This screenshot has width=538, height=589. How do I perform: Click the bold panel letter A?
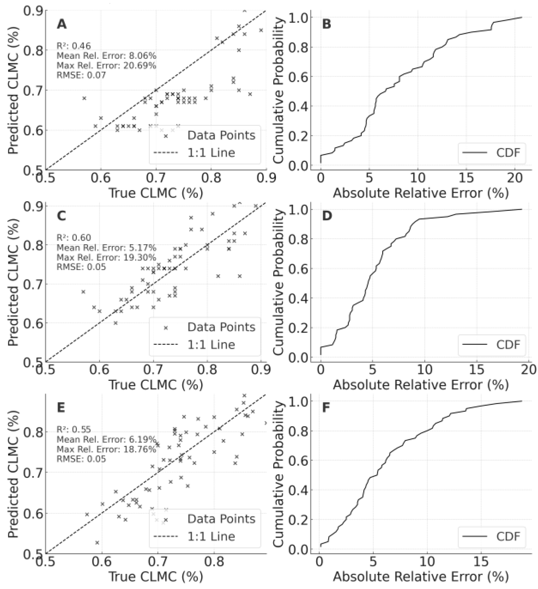(x=62, y=24)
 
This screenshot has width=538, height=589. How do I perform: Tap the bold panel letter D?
(x=326, y=216)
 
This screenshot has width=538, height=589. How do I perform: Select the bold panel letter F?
(x=326, y=407)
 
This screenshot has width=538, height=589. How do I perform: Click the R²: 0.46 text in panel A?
(x=73, y=46)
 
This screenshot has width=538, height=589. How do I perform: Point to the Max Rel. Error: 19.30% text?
(x=106, y=257)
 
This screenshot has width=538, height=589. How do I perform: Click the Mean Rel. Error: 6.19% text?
(x=106, y=439)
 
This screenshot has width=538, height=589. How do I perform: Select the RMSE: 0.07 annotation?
(x=81, y=75)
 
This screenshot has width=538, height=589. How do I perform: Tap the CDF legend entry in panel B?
(x=508, y=152)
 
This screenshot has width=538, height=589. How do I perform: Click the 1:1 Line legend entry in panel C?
(x=211, y=345)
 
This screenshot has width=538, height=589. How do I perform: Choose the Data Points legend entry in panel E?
(x=221, y=519)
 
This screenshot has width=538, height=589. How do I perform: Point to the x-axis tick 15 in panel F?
(x=481, y=561)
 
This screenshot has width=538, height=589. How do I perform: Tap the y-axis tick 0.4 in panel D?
(x=298, y=298)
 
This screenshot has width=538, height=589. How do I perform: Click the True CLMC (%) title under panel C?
(x=156, y=385)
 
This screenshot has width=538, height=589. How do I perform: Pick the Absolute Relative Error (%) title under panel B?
(x=421, y=193)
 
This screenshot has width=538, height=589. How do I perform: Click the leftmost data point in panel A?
(x=84, y=98)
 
